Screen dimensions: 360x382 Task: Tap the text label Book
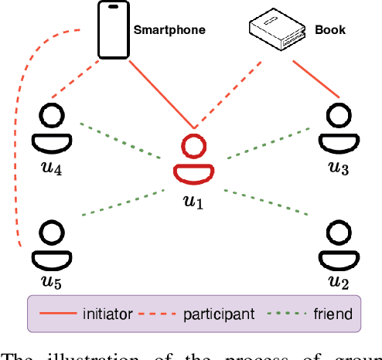click(x=329, y=32)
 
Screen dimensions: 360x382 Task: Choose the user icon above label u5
click(x=51, y=243)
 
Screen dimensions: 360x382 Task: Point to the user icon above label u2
click(x=338, y=243)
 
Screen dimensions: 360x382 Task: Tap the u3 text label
click(x=339, y=168)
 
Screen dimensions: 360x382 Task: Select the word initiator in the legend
click(x=106, y=314)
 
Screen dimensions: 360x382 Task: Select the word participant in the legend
click(x=219, y=314)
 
